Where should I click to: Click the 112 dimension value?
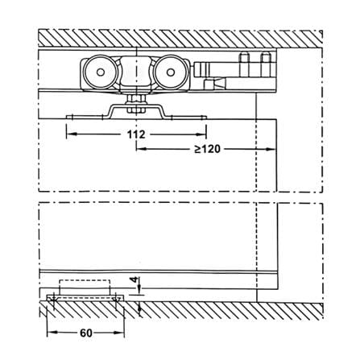[136, 134]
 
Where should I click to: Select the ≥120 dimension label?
[208, 149]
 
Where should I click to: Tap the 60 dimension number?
[86, 333]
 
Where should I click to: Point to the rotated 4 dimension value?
[137, 279]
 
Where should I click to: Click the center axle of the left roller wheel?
[101, 72]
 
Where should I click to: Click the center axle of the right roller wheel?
[170, 72]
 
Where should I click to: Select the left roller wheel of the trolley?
[101, 72]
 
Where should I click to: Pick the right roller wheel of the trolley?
[170, 72]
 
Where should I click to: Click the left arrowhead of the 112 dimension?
[71, 134]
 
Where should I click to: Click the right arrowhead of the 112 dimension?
[201, 134]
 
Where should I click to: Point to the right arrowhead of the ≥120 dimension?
[271, 149]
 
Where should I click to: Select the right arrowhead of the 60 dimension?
[119, 333]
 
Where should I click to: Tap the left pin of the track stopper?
[244, 64]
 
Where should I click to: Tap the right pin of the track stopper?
[266, 64]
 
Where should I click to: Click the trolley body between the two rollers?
[135, 72]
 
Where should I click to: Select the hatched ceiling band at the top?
[180, 38]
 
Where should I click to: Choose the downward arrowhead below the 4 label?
[139, 290]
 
